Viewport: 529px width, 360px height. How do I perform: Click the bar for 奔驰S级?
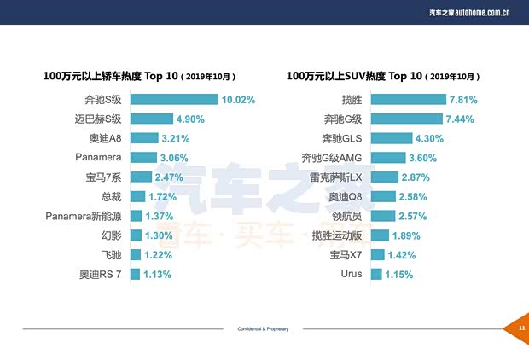coord(174,100)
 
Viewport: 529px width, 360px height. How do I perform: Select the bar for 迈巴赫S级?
coord(151,119)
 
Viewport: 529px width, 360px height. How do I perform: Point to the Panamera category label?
coord(98,158)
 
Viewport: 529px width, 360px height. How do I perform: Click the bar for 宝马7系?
coord(141,177)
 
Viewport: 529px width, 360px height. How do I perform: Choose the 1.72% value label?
coord(161,197)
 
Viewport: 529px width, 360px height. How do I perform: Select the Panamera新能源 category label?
coord(85,216)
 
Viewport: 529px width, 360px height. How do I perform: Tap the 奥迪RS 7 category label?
coord(101,275)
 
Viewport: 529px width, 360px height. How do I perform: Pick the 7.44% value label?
coord(459,119)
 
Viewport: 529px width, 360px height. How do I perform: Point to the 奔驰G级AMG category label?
coord(332,158)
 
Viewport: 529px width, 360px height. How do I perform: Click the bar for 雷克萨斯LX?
coord(385,177)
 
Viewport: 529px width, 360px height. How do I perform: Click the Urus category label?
coord(352,275)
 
